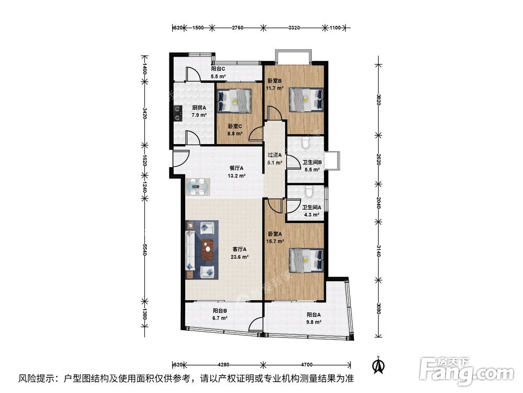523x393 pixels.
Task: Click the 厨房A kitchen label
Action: pos(199,107)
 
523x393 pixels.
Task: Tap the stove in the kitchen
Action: pos(178,113)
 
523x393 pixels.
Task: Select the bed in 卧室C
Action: pos(234,101)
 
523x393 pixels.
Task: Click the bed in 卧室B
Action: pos(306,99)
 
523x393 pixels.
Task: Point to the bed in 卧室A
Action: pos(306,260)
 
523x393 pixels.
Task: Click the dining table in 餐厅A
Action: pos(198,187)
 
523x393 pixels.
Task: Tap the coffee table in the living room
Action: pos(208,249)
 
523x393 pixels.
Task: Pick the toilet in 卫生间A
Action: pos(310,191)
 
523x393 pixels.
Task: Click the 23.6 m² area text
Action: pos(240,257)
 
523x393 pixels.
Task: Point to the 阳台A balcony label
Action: pos(313,314)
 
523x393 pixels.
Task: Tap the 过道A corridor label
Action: pos(275,155)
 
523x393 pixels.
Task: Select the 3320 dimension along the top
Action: pos(294,28)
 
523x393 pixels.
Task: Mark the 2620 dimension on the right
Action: pos(379,159)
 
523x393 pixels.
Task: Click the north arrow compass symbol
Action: pos(378,365)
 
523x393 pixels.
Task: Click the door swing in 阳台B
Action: pos(256,325)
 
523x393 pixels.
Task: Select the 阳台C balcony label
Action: pos(218,69)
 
